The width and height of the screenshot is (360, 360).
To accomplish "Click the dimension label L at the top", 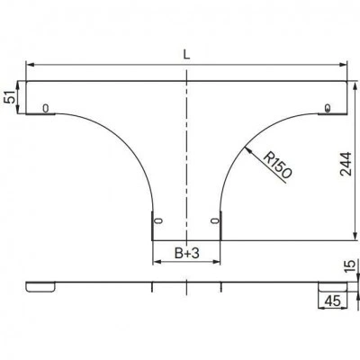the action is (186, 54).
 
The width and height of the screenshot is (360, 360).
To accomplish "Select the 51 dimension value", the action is (10, 97).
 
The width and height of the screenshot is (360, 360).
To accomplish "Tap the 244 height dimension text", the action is (346, 164).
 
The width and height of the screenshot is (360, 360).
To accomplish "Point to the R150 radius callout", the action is (277, 166).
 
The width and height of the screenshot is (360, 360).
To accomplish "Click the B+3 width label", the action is (187, 254).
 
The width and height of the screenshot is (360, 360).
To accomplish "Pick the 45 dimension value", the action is (332, 301).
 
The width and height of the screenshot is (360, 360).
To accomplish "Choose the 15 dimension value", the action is (349, 266).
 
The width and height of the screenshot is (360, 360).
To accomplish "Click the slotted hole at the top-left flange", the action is (46, 108).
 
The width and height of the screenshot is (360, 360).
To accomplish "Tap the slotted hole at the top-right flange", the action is (328, 108).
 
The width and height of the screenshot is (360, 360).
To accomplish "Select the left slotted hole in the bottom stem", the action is (158, 220).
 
